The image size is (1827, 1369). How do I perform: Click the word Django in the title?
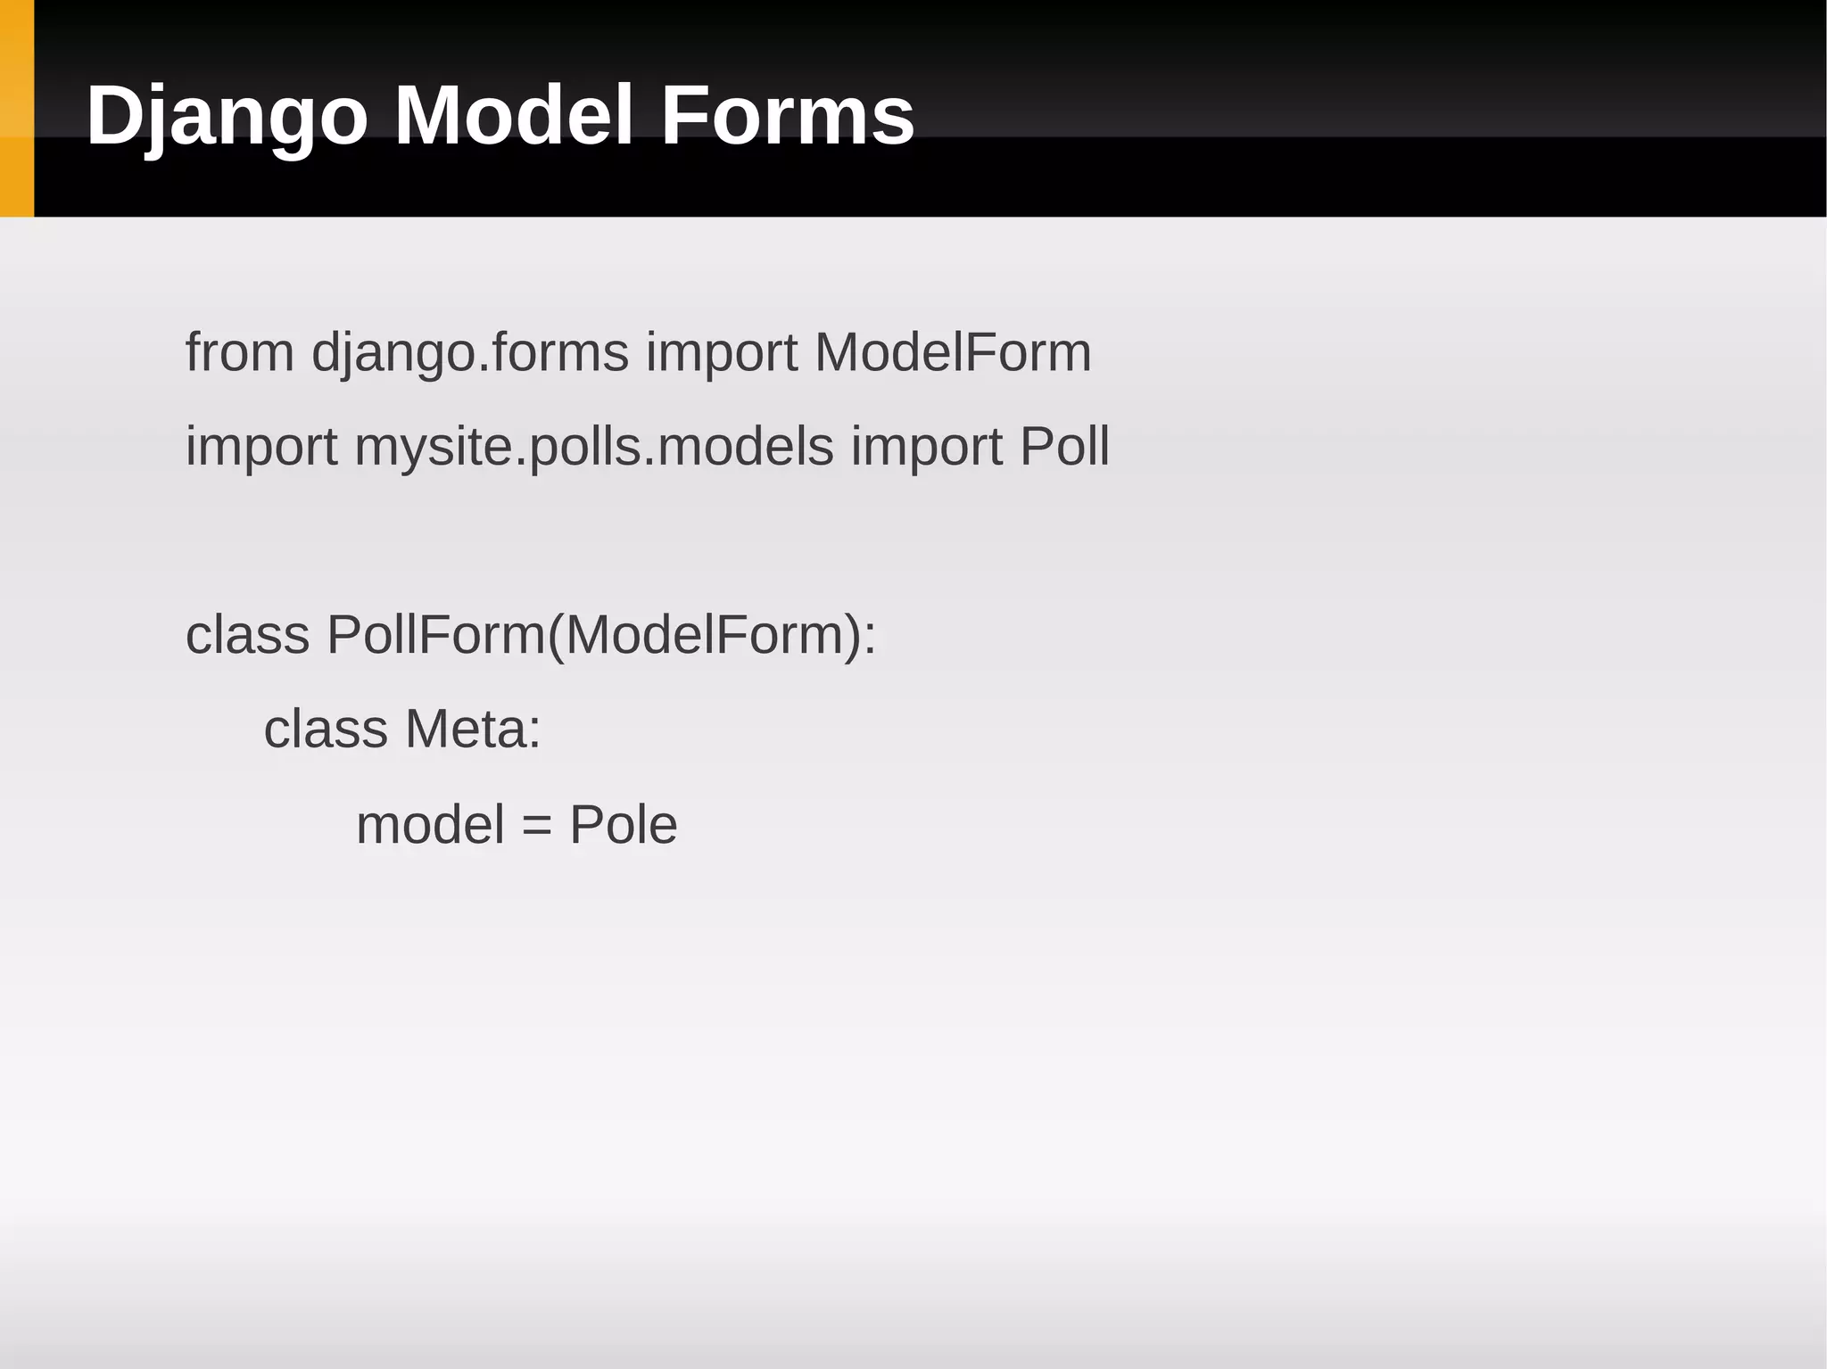[227, 116]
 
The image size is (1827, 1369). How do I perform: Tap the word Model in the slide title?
[514, 116]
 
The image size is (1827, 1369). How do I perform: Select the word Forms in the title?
[787, 116]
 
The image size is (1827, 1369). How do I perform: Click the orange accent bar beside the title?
[16, 108]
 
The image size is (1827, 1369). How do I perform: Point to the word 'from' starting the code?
[239, 352]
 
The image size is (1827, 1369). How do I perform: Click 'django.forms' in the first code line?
[470, 352]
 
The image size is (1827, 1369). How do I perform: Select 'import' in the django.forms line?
[721, 352]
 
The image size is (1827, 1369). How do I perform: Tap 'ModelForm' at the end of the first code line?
[952, 352]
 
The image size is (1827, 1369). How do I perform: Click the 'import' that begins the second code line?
[261, 446]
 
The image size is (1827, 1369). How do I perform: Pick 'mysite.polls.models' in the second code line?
[594, 446]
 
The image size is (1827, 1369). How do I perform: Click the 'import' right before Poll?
[927, 446]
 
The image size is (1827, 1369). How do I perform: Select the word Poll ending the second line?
[1064, 446]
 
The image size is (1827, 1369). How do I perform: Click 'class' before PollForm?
[247, 635]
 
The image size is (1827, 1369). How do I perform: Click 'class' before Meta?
[326, 729]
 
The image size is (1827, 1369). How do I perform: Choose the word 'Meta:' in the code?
[473, 729]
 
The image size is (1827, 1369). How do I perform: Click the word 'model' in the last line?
[430, 824]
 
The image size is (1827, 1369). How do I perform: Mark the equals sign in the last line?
[537, 826]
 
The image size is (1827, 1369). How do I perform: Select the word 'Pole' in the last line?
[623, 824]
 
